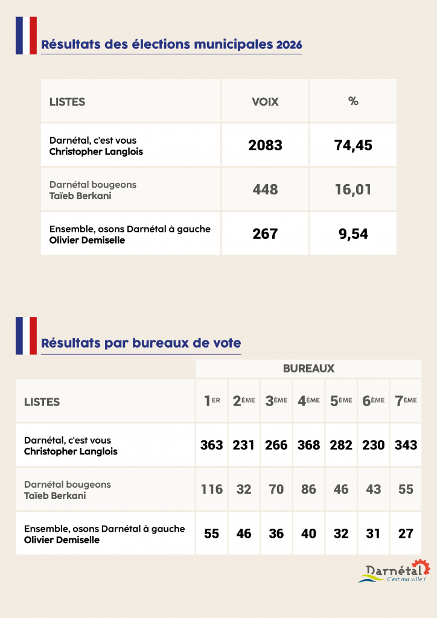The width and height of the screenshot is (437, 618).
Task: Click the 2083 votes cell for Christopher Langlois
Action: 265,145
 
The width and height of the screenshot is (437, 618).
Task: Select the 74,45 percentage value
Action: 353,145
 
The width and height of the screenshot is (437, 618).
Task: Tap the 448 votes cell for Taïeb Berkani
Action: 265,190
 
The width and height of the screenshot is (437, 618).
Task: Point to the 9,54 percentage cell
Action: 353,234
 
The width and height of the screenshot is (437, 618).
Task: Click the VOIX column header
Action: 265,101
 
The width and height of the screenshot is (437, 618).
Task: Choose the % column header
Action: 353,101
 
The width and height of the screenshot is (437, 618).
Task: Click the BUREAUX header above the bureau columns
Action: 308,368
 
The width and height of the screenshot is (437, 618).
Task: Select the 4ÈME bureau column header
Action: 308,401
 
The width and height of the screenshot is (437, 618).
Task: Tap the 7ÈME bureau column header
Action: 406,401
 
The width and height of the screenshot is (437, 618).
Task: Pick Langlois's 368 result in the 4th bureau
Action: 308,445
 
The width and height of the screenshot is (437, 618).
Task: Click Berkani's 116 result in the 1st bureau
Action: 212,489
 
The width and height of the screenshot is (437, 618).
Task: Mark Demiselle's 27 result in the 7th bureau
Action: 406,534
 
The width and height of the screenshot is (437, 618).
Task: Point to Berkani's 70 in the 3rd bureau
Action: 276,489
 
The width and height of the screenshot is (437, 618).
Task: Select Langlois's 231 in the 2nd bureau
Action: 244,445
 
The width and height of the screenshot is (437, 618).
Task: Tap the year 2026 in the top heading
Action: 289,45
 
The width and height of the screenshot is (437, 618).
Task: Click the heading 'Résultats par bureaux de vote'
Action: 141,343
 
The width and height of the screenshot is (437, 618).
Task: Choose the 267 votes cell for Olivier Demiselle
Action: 265,234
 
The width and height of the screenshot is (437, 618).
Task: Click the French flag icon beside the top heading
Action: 26,35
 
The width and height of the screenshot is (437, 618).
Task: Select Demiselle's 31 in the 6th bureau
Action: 374,534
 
